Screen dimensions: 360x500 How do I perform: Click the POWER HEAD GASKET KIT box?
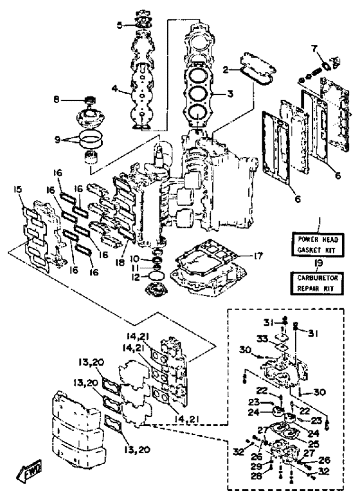point(318,245)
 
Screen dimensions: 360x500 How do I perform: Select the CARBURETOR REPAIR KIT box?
point(318,283)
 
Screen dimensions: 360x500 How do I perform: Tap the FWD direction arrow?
point(30,469)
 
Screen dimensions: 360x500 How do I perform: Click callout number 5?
point(119,25)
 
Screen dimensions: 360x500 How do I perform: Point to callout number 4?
point(114,88)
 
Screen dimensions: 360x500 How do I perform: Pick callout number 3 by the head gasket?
point(230,94)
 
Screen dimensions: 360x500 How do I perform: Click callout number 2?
point(226,70)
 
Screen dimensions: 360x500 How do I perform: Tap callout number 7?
point(314,49)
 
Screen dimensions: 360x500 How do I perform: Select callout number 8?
point(57,100)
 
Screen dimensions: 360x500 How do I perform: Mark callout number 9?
point(57,140)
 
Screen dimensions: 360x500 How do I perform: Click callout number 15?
point(17,190)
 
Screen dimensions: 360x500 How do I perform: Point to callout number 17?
point(258,255)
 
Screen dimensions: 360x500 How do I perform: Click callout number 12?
point(136,278)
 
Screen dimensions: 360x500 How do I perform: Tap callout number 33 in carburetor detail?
point(262,340)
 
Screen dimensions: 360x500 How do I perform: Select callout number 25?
point(314,443)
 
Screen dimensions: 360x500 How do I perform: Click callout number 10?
point(136,257)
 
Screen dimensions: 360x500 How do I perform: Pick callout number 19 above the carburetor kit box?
point(318,263)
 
